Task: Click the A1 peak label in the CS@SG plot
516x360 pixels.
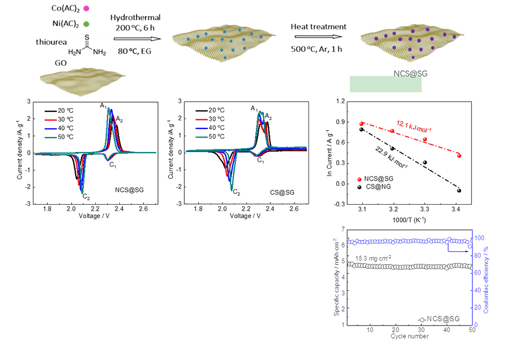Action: coord(254,109)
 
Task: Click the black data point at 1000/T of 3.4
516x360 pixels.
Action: coord(459,190)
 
